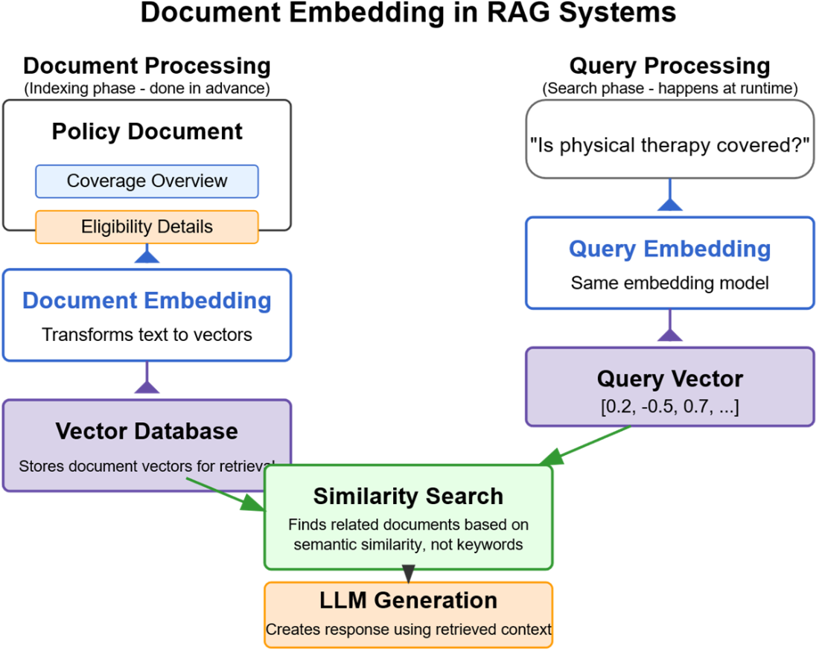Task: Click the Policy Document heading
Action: coord(147,132)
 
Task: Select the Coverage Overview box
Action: coord(147,181)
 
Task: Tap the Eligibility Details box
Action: coord(147,227)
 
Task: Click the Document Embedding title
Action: coord(147,301)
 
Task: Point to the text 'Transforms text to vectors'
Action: coord(147,334)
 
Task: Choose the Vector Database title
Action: coord(147,431)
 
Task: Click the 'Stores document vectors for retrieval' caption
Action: coord(147,467)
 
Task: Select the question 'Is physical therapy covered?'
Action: coord(669,145)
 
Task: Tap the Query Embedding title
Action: coord(669,249)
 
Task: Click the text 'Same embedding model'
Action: coord(669,283)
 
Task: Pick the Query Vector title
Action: coord(669,379)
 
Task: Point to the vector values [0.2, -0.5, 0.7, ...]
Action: coord(669,407)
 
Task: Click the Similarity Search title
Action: coord(408,497)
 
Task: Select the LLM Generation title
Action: coord(408,600)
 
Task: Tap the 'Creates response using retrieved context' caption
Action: coord(408,630)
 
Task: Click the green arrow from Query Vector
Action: coord(588,445)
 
